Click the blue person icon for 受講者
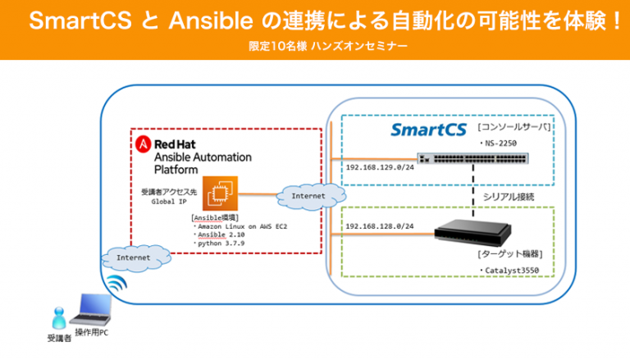(57, 317)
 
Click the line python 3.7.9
(220, 244)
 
